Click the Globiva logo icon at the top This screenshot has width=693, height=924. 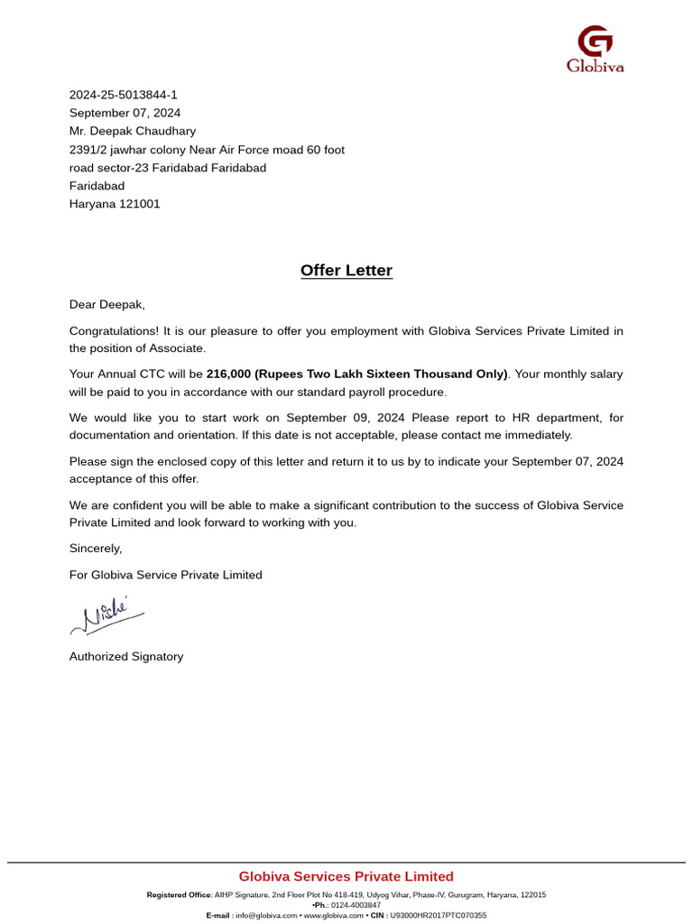(x=595, y=42)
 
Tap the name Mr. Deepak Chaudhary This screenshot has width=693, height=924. (x=133, y=131)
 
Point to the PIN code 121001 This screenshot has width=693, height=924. (x=140, y=204)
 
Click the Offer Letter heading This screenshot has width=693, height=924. (x=346, y=271)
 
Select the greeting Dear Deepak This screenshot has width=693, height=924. (x=106, y=305)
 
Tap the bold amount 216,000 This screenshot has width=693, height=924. (x=229, y=374)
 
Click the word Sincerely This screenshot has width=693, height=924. (x=96, y=548)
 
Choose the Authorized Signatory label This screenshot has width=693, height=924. (x=126, y=657)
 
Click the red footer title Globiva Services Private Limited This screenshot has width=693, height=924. (x=346, y=876)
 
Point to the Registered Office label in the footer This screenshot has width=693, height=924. (x=179, y=895)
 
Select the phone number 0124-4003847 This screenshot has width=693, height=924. (x=357, y=905)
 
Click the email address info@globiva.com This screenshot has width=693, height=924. (x=266, y=915)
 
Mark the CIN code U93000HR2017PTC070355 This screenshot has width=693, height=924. (x=438, y=915)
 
